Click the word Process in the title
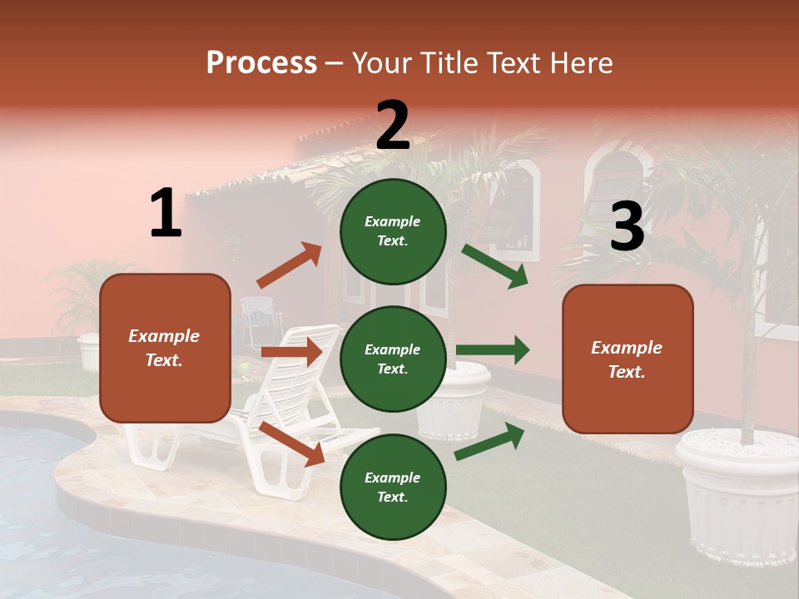[x=261, y=62]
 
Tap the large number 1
[x=166, y=213]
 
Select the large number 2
[x=393, y=126]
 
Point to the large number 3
[x=627, y=227]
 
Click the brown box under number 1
[x=165, y=348]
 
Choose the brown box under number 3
[x=628, y=359]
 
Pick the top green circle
[x=393, y=231]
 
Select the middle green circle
[x=393, y=359]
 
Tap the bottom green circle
[x=393, y=487]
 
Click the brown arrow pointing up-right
[x=289, y=265]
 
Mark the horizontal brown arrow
[x=291, y=352]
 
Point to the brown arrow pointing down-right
[x=291, y=443]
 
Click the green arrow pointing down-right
[x=494, y=265]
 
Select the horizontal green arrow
[x=492, y=350]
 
